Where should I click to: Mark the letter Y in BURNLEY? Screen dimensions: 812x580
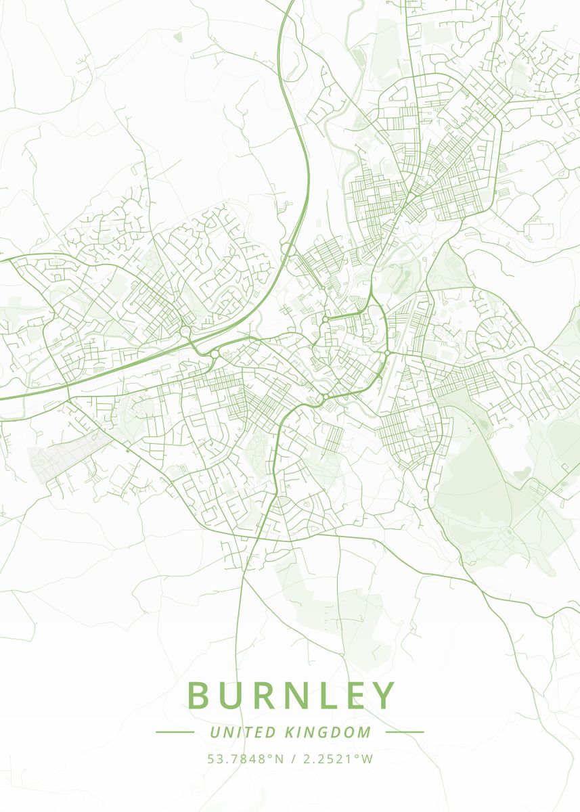point(383,696)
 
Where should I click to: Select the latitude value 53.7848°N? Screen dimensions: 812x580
point(246,759)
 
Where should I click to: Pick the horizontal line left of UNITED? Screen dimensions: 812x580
point(175,732)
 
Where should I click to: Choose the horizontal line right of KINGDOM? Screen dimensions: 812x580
point(404,732)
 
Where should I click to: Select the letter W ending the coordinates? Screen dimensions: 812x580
point(367,759)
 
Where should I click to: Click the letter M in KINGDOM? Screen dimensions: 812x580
point(365,732)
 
